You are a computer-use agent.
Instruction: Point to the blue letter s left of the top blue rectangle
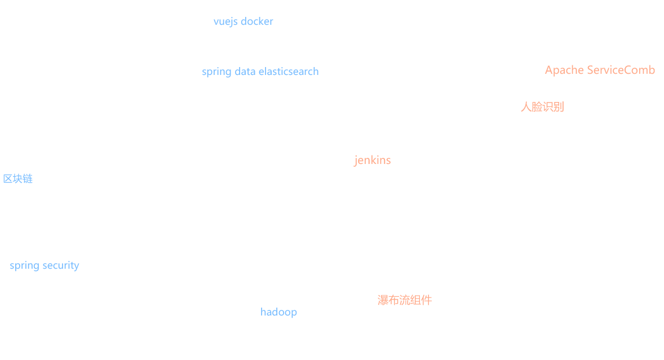pos(205,72)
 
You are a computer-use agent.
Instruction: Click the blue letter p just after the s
pos(210,73)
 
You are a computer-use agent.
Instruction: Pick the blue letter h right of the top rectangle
pos(316,72)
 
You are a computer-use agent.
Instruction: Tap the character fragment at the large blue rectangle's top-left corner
pos(5,179)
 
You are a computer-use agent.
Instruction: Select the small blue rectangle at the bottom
pos(281,313)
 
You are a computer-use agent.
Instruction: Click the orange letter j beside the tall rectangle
pos(356,161)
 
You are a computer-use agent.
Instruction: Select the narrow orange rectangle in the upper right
pos(542,88)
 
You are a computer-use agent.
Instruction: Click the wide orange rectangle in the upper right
pos(596,88)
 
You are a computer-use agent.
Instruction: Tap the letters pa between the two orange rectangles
pos(560,70)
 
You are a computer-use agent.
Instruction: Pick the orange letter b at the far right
pos(652,70)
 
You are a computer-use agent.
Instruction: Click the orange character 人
pos(525,106)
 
